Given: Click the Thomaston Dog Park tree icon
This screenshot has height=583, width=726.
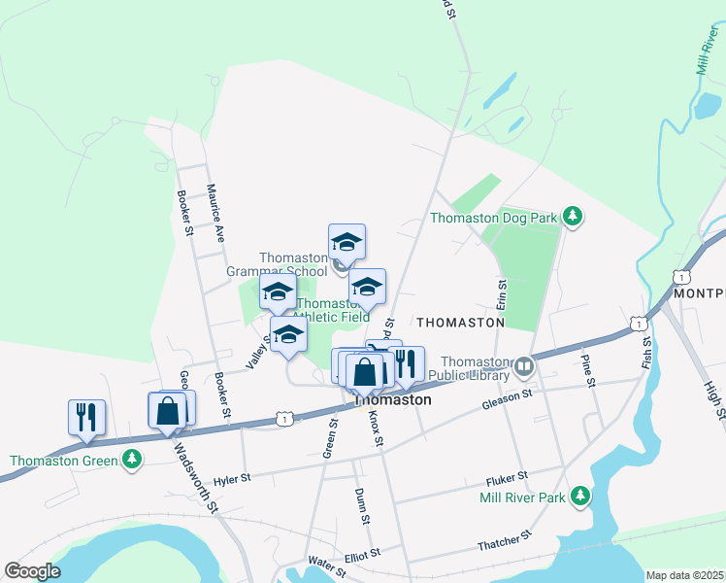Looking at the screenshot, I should click(x=573, y=216).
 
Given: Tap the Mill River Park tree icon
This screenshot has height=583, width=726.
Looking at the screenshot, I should click(x=580, y=497).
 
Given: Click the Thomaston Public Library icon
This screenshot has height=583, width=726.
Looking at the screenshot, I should click(x=525, y=366).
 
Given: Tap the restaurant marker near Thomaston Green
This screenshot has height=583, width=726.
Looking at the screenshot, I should click(x=86, y=418).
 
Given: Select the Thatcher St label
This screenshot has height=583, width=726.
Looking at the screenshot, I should click(x=505, y=541).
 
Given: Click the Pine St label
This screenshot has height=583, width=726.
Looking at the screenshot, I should click(x=589, y=370).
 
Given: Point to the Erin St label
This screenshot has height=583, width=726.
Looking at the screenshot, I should click(x=502, y=296).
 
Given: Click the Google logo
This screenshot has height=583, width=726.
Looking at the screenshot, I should click(x=32, y=570).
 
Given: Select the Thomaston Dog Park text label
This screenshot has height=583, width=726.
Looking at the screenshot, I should click(x=494, y=218).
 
